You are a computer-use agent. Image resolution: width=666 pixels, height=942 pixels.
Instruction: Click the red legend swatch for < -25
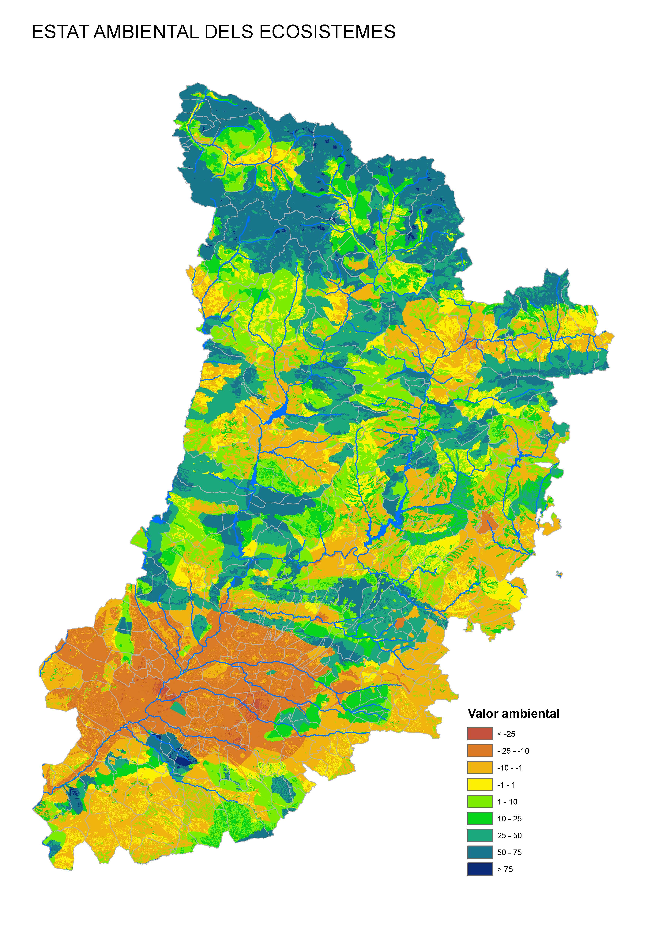pyautogui.click(x=480, y=734)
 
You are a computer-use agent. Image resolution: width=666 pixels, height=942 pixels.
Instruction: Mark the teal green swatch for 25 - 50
pyautogui.click(x=480, y=835)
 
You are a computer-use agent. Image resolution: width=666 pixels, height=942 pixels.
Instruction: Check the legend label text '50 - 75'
pyautogui.click(x=509, y=853)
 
